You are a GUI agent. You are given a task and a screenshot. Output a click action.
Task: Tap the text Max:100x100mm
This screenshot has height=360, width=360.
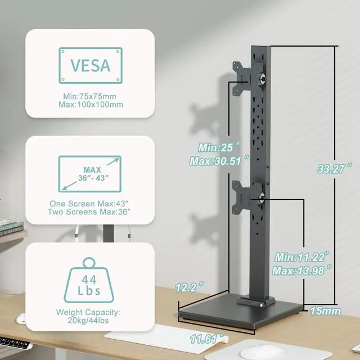click(90, 105)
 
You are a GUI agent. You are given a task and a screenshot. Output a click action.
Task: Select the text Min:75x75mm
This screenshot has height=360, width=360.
click(90, 96)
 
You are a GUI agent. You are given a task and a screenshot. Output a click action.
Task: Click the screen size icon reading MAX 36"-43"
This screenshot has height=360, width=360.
click(90, 174)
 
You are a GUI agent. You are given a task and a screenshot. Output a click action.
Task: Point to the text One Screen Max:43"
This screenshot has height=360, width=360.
click(90, 202)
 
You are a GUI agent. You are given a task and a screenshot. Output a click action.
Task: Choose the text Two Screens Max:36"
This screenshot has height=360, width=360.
click(90, 212)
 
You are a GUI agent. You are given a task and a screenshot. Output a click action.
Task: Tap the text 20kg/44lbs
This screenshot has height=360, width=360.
click(90, 321)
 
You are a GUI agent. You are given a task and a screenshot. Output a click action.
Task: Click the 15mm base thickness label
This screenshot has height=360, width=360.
click(327, 309)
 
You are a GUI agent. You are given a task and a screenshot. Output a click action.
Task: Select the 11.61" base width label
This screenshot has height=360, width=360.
click(207, 339)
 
